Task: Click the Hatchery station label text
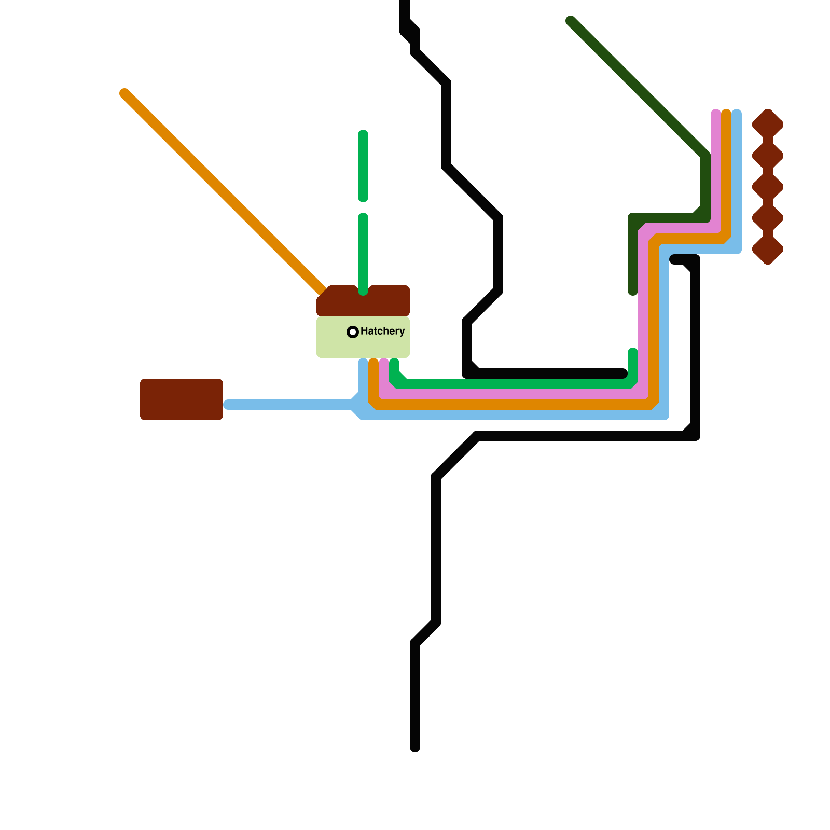382,331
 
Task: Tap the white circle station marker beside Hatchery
353,332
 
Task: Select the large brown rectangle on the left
182,399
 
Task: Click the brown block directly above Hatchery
363,301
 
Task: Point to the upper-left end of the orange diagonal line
125,94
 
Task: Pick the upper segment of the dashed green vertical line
363,166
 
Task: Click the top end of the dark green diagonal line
571,21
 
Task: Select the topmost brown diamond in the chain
768,125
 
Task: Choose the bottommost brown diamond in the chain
768,249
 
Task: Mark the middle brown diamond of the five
768,187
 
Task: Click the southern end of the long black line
415,747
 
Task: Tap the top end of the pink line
716,114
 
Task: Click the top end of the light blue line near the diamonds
737,114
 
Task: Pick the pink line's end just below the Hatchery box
384,363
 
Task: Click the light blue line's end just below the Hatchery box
363,363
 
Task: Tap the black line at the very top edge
405,3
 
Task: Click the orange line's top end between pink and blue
726,114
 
